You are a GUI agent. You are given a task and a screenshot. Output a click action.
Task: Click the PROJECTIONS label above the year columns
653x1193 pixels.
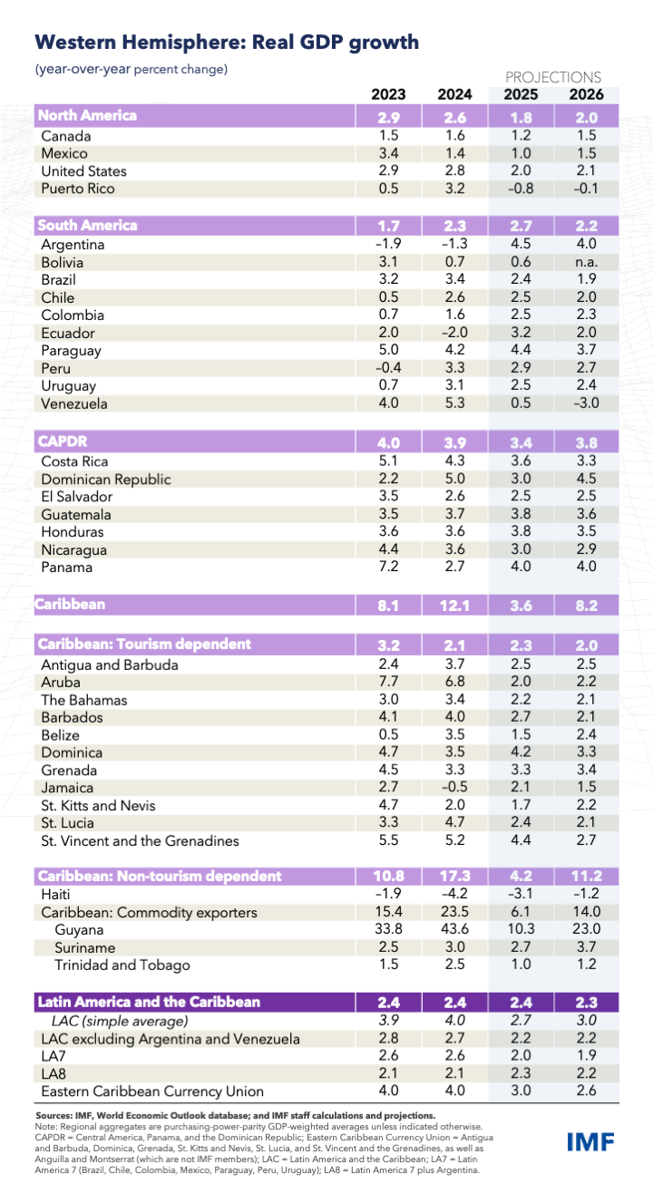click(x=552, y=77)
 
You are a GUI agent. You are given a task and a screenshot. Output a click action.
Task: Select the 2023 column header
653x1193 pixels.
click(x=388, y=94)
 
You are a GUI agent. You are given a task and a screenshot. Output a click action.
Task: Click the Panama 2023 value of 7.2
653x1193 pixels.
click(x=388, y=567)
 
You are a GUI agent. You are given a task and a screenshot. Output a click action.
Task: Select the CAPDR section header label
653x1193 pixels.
click(x=62, y=441)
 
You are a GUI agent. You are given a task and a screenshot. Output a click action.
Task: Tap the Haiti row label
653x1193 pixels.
click(x=58, y=894)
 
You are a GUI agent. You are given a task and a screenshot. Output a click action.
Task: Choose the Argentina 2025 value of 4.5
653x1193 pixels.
click(x=521, y=244)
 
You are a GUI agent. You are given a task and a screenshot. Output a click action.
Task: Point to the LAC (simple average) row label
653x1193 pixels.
click(x=108, y=1021)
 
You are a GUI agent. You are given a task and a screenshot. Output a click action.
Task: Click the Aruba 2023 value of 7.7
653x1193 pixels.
click(x=388, y=682)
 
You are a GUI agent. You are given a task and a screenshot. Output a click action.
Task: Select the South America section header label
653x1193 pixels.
click(x=87, y=225)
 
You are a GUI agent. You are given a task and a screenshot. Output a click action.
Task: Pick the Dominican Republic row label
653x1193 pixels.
click(x=106, y=479)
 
